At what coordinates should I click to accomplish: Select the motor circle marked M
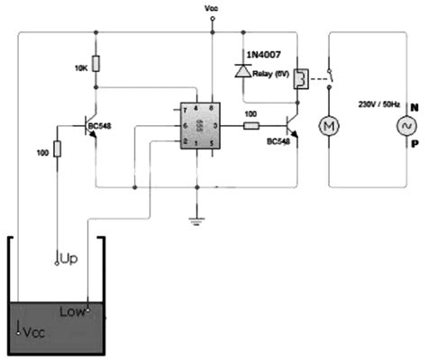coord(330,125)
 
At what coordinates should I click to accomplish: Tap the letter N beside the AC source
coord(415,105)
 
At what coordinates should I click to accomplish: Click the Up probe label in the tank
coord(69,258)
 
